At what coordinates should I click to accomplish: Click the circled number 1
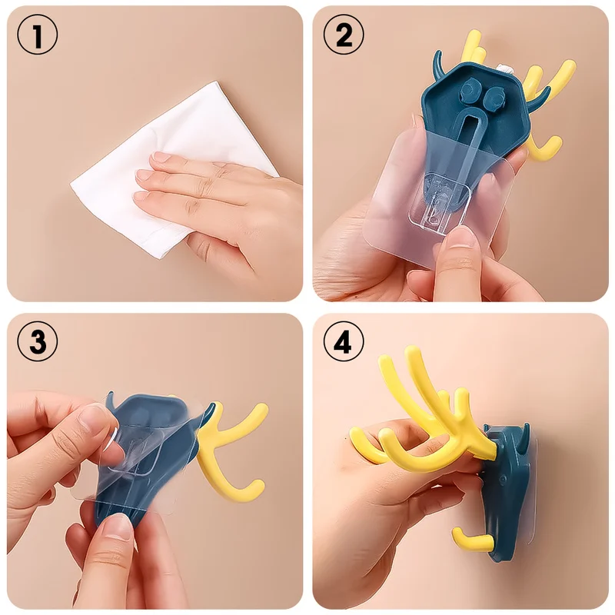click(37, 35)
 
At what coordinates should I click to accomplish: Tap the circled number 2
click(343, 35)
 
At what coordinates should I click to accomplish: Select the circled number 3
click(37, 341)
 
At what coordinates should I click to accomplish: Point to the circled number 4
click(343, 341)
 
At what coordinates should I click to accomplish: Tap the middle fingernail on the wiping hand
click(143, 176)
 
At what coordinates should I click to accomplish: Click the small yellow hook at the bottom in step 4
click(473, 541)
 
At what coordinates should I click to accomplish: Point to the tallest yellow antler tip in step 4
click(411, 351)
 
